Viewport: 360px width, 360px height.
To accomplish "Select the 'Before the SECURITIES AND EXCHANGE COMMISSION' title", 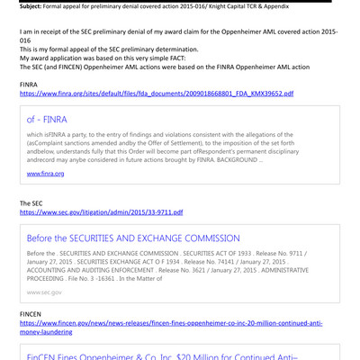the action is click(x=133, y=238).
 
